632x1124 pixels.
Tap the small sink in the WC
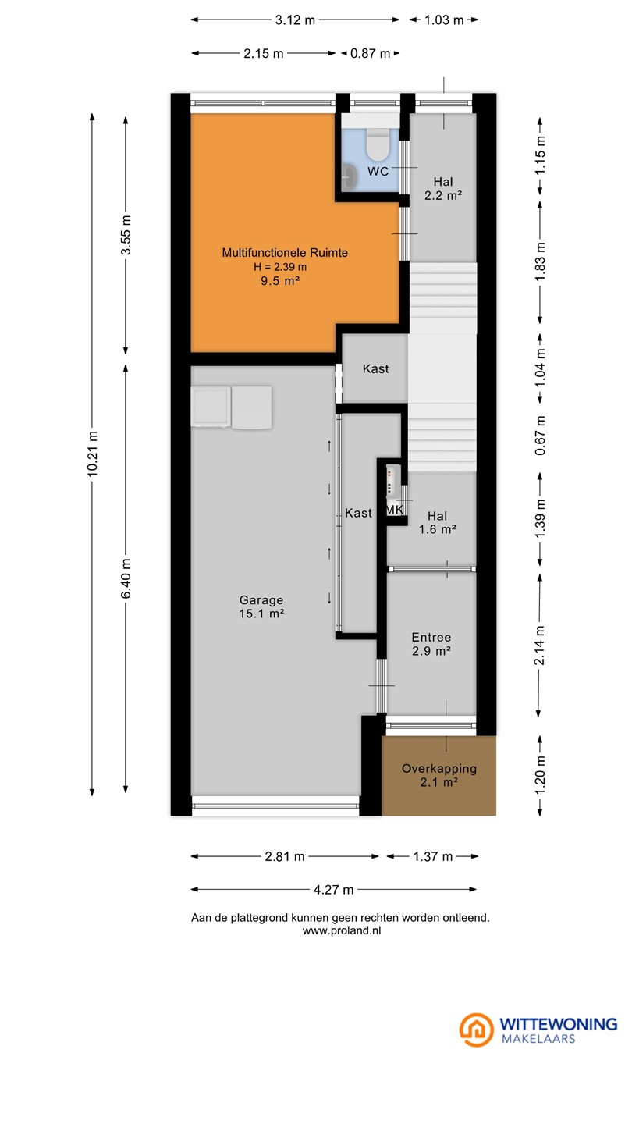click(349, 176)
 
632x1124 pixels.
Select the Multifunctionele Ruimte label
click(285, 252)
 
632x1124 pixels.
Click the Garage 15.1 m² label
click(262, 606)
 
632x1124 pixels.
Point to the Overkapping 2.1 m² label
click(438, 775)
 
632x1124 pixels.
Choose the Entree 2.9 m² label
click(431, 644)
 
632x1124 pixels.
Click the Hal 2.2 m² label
click(443, 189)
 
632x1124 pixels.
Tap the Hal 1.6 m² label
click(438, 522)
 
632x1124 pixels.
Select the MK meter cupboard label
click(394, 510)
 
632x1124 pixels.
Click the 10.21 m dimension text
click(92, 454)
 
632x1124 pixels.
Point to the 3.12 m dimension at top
click(295, 20)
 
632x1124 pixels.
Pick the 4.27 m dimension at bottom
click(334, 890)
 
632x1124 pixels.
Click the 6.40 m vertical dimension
click(126, 578)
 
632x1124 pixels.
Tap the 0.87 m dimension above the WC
click(370, 53)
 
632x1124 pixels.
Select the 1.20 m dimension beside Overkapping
click(540, 776)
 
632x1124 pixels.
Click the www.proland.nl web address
click(342, 930)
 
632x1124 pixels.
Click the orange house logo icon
click(477, 1029)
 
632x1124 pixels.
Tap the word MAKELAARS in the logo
click(538, 1038)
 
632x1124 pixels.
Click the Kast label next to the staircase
click(376, 368)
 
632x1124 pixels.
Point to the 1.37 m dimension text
click(432, 856)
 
